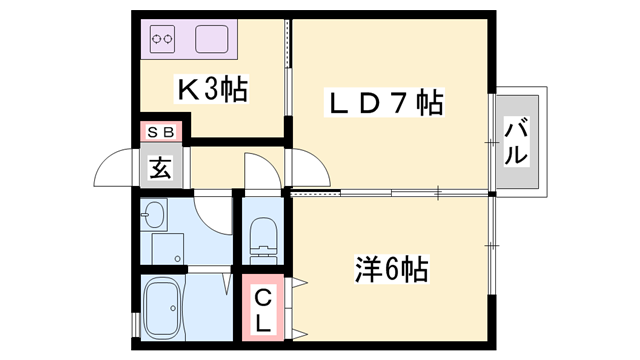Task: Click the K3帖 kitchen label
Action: [213, 91]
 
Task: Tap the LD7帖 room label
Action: [384, 103]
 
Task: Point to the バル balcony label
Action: [516, 141]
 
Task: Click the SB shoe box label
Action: [161, 131]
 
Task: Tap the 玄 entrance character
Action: [161, 167]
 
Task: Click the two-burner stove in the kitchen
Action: [163, 40]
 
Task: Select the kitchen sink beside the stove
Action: [213, 40]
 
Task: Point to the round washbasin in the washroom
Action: [154, 214]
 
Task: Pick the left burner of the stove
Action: [156, 40]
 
